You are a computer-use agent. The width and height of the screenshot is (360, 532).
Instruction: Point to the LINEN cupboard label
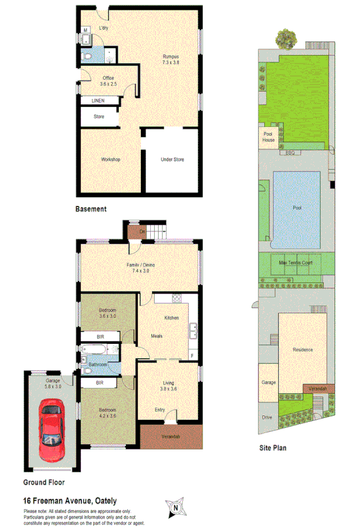coord(98,101)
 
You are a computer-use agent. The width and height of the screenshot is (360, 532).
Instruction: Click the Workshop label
coord(110,159)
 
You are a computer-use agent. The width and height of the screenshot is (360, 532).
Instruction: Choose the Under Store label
coord(172,159)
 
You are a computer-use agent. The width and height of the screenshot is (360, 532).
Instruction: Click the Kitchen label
coord(171,318)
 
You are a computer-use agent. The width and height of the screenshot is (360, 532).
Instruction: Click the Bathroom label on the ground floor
coord(98,364)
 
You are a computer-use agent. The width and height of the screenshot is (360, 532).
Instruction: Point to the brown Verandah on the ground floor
coord(170,437)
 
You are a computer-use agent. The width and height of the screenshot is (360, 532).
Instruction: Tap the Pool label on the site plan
coord(297,207)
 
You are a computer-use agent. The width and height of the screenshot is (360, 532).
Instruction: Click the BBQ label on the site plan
coord(290,153)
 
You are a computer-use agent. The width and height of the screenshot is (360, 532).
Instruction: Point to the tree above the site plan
coord(285,37)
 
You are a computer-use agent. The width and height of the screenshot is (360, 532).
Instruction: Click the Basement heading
coord(90,209)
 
